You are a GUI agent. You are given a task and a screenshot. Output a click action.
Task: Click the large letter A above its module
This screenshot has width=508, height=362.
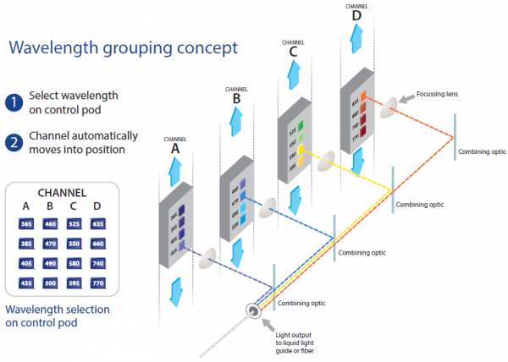174,148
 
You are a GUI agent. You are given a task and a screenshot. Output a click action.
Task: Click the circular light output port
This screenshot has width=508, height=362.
251,313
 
